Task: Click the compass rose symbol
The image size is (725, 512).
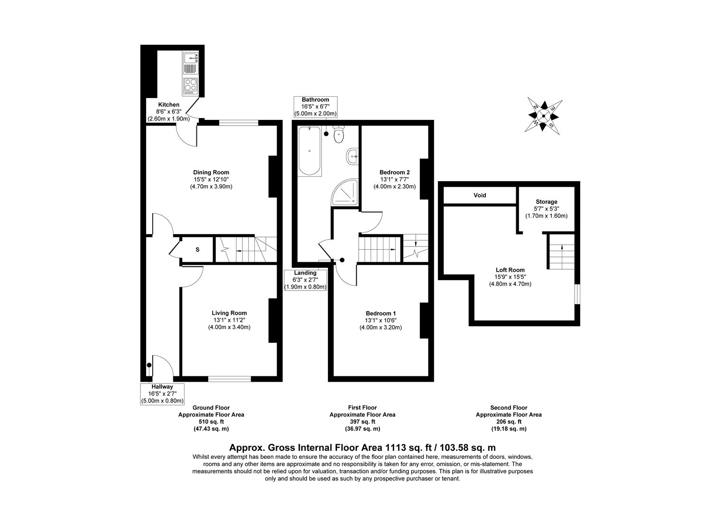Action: [543, 116]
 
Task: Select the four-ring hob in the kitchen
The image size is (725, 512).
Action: [191, 86]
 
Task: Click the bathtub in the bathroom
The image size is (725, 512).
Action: [309, 151]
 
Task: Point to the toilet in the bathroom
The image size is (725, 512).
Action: [339, 135]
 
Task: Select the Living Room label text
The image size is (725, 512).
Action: [229, 313]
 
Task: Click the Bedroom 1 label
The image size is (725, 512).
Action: [381, 313]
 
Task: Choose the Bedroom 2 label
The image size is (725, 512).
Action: [394, 173]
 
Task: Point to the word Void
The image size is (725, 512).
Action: [480, 195]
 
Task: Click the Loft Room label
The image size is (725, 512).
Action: [510, 270]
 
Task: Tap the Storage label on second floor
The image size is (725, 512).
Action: [546, 202]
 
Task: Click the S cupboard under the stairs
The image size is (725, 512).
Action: [197, 249]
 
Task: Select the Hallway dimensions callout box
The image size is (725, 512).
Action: [162, 394]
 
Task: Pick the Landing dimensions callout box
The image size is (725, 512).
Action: [305, 280]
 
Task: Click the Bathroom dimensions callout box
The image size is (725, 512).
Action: [316, 107]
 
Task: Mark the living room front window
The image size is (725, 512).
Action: [230, 378]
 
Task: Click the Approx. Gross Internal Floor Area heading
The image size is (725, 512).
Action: [362, 447]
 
